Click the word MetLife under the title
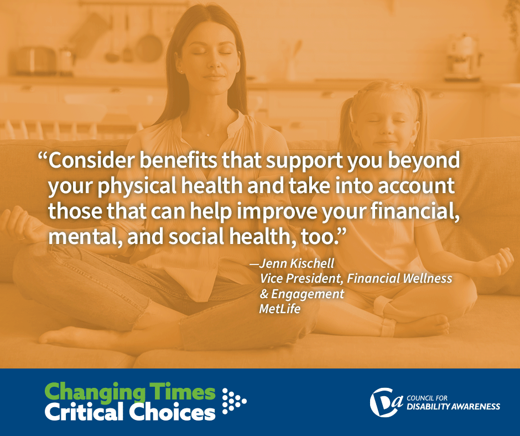click(x=280, y=309)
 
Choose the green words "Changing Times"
click(x=129, y=393)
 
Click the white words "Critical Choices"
click(x=129, y=412)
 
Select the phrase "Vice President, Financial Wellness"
click(x=356, y=278)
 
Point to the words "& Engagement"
click(x=302, y=294)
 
